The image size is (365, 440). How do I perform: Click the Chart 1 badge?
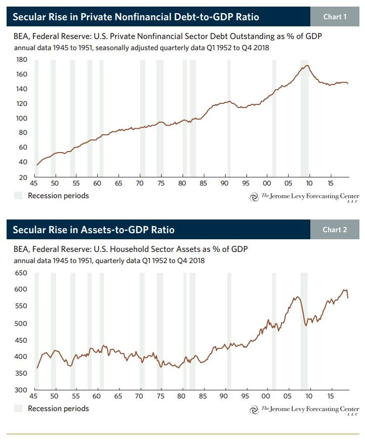coord(335,17)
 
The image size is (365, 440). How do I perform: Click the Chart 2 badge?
coord(335,230)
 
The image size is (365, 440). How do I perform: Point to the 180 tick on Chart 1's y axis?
coord(21,59)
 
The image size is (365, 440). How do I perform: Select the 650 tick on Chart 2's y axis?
coord(21,273)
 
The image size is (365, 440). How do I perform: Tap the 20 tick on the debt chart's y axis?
coord(23,177)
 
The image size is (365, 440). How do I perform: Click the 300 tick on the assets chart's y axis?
coord(21,390)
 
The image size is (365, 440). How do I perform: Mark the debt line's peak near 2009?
coord(307,66)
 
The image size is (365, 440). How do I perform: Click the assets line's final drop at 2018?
coord(348,294)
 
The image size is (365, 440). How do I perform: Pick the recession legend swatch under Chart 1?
coord(18,196)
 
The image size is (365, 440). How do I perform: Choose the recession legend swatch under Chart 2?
coord(18,408)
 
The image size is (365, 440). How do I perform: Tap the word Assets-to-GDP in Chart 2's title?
coord(114,230)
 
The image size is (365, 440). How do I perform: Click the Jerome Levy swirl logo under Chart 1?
coord(254,197)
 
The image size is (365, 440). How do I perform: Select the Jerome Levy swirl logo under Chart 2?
coord(254,410)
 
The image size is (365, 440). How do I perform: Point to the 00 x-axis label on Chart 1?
coord(267,183)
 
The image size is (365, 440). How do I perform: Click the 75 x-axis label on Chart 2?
coord(160,396)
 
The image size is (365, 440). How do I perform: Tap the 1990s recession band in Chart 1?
coord(229,118)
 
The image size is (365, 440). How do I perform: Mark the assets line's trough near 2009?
coord(306,325)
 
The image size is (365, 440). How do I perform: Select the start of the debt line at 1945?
coord(37,165)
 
